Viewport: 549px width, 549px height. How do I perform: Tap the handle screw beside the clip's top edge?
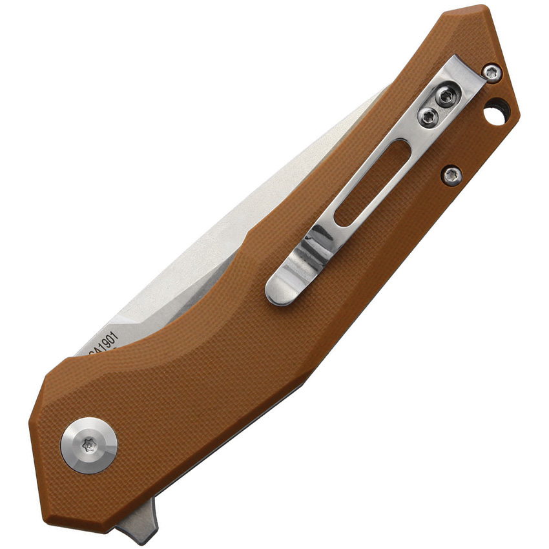click(x=492, y=72)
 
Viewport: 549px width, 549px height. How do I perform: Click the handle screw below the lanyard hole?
click(x=452, y=174)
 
